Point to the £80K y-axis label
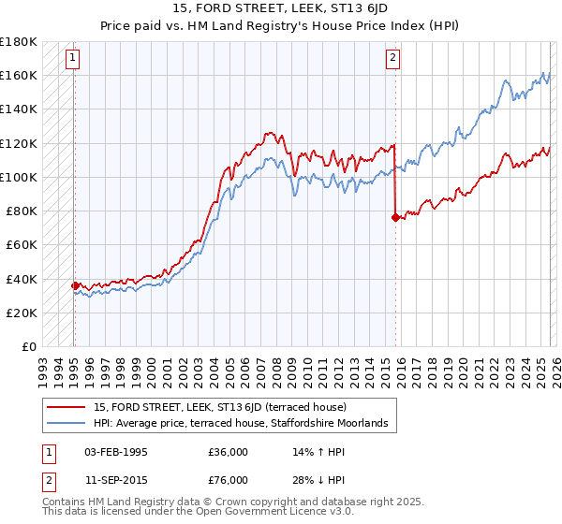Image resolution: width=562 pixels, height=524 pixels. tap(22, 211)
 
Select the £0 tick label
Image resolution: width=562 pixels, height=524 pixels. tap(28, 346)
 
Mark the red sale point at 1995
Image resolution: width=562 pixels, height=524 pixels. tap(75, 285)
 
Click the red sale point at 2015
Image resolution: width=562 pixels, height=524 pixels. tap(395, 217)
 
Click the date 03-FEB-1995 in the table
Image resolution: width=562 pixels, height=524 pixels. tap(115, 451)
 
